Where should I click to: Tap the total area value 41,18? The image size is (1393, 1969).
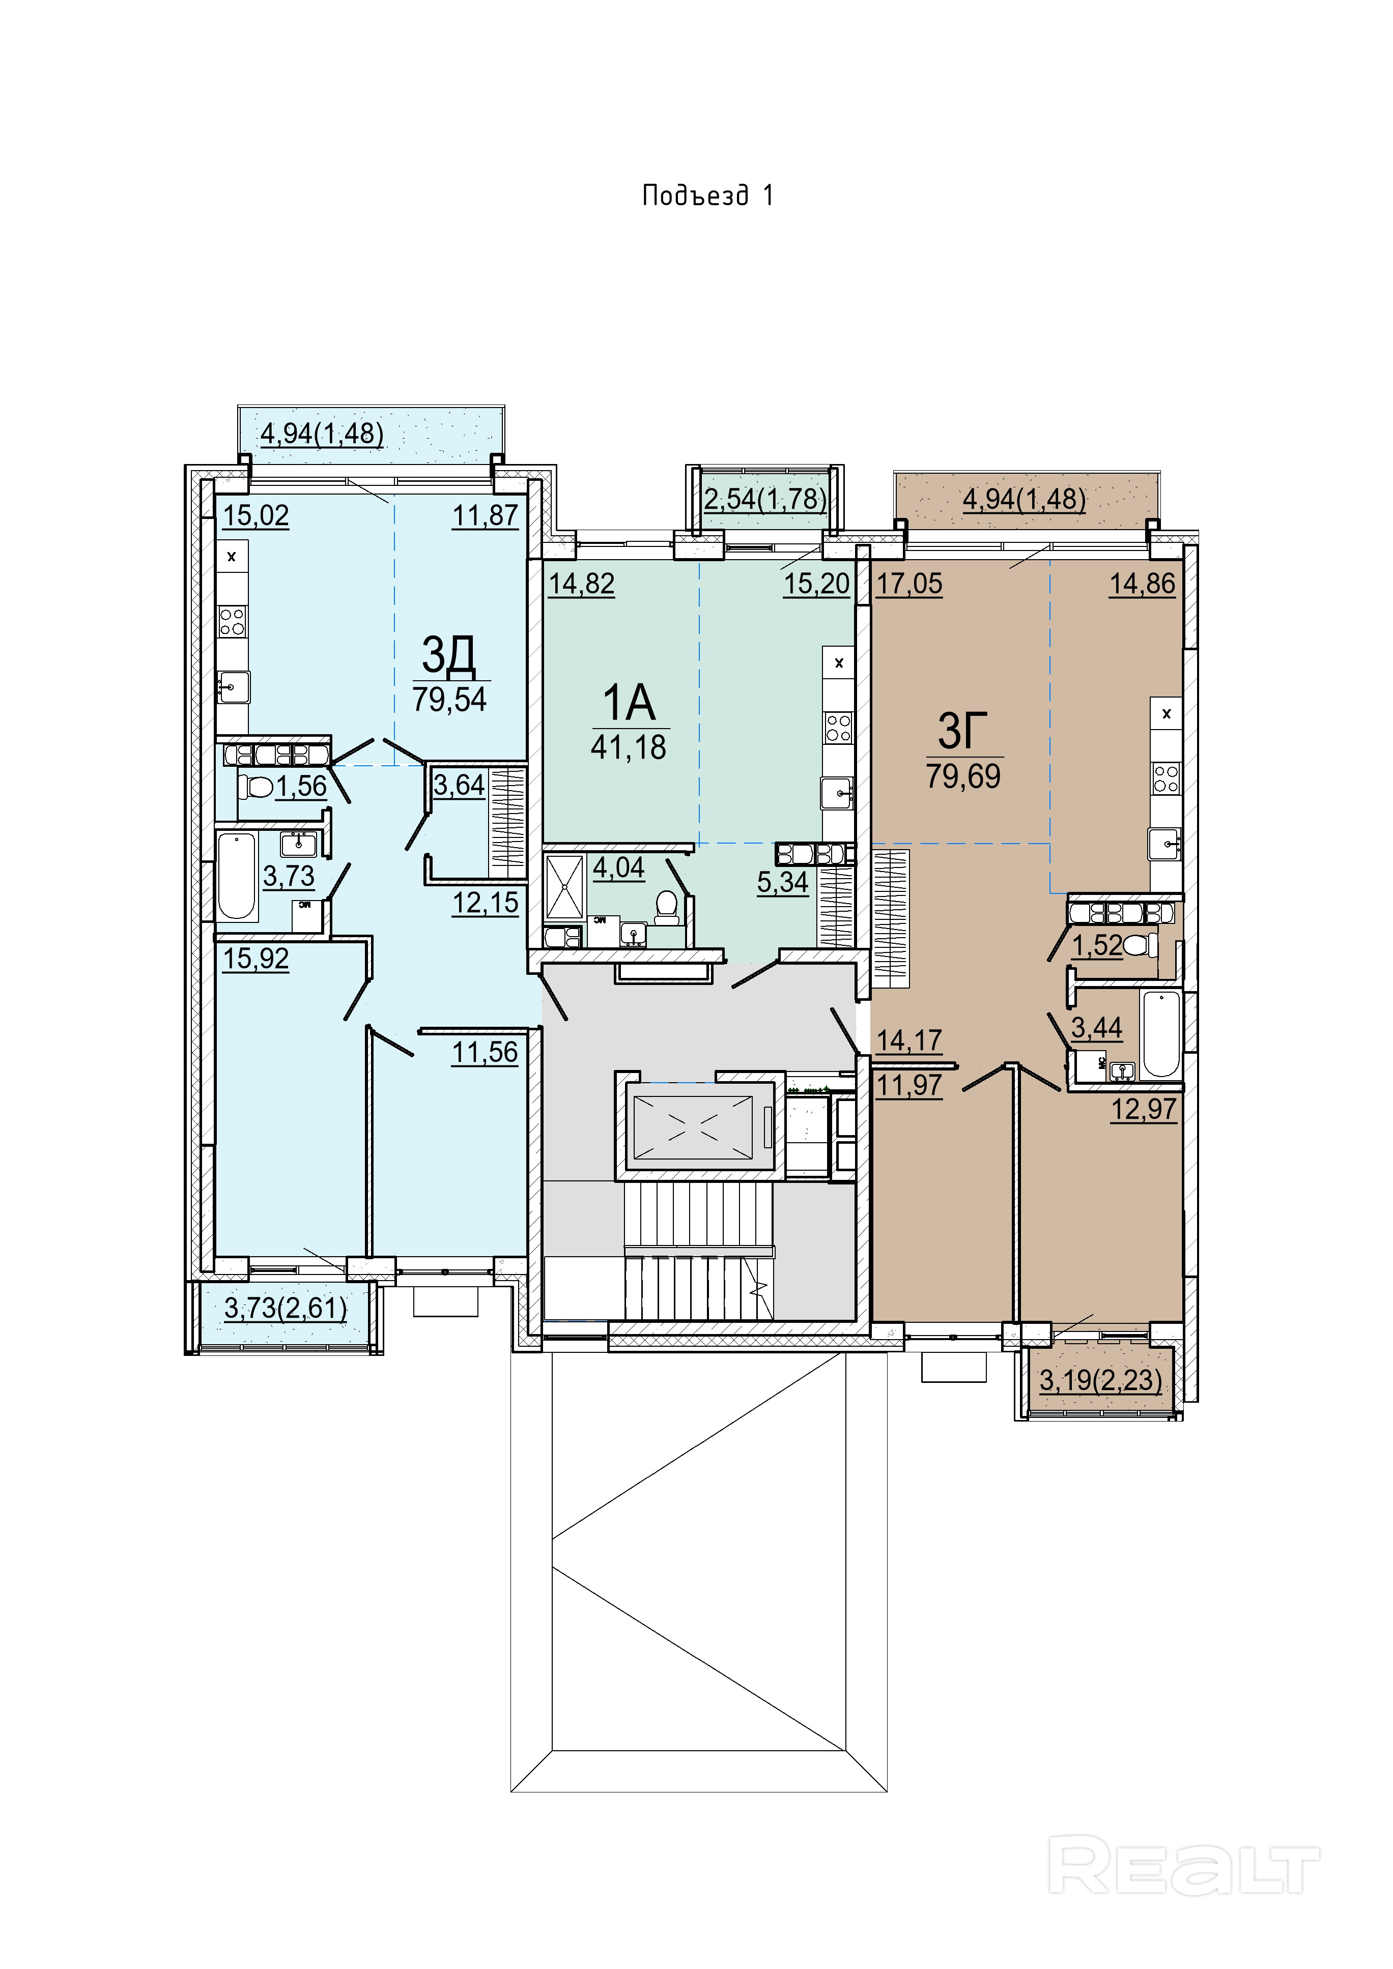pyautogui.click(x=628, y=748)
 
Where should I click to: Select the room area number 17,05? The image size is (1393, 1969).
pyautogui.click(x=909, y=584)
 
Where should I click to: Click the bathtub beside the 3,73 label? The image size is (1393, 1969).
pyautogui.click(x=237, y=876)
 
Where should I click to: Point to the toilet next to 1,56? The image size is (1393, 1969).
pyautogui.click(x=255, y=786)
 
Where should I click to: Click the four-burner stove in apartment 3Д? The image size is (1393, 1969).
pyautogui.click(x=232, y=621)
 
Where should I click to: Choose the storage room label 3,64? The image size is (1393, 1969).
pyautogui.click(x=459, y=786)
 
